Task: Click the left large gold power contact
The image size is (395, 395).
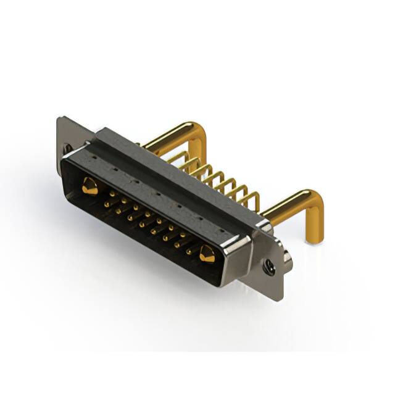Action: tap(90, 186)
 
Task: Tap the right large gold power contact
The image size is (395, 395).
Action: tap(206, 253)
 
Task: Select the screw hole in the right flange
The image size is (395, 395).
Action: tap(268, 267)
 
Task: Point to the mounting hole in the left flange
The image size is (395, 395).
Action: tap(67, 148)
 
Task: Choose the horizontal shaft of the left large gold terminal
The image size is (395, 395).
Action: tap(167, 135)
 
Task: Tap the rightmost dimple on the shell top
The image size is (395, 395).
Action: tap(222, 231)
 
